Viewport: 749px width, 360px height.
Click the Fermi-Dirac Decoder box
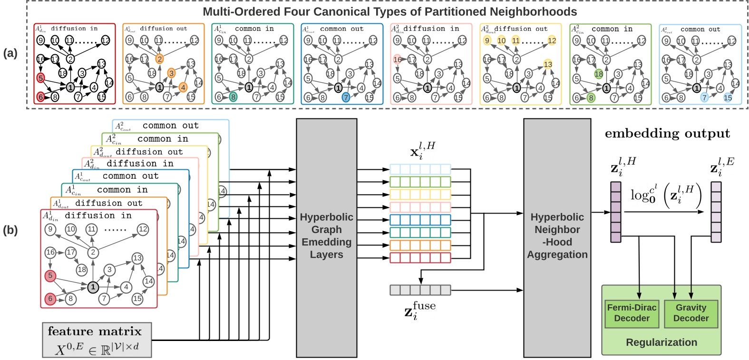tap(632, 313)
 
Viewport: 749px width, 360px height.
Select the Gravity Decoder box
tap(691, 313)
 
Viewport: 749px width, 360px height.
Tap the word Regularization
tap(661, 342)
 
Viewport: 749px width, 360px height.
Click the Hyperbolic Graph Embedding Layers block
tap(326, 236)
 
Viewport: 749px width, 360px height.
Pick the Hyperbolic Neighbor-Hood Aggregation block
tap(557, 236)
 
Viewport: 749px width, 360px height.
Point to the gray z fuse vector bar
tap(420, 290)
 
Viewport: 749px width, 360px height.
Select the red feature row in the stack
tap(420, 258)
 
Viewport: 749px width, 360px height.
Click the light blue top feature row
tap(420, 169)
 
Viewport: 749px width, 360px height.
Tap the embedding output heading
tap(667, 134)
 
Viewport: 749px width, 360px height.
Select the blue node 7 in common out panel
tap(346, 97)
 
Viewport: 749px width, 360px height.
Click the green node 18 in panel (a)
tap(598, 74)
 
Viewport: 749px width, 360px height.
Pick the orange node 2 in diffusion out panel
tap(160, 59)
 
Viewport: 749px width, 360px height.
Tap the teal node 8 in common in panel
tap(233, 97)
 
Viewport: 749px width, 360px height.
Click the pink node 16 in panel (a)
tap(398, 59)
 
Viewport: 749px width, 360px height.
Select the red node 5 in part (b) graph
tap(50, 275)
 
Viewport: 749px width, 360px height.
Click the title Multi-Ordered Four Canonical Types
tap(389, 11)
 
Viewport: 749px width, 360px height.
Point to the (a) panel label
tap(10, 53)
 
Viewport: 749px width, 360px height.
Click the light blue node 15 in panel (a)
tap(728, 97)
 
